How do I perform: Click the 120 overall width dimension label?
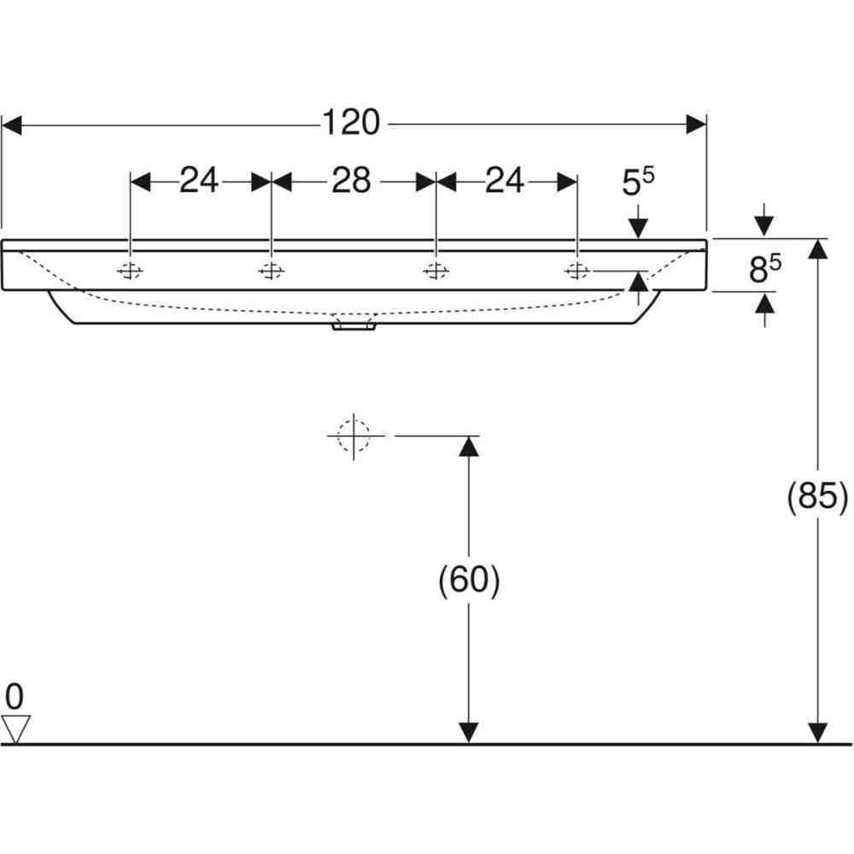pyautogui.click(x=351, y=122)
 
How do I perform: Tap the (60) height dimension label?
pyautogui.click(x=469, y=580)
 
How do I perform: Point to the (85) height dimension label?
pyautogui.click(x=817, y=496)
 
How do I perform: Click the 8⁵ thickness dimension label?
pyautogui.click(x=765, y=267)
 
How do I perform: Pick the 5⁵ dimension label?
pyautogui.click(x=638, y=181)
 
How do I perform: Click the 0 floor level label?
pyautogui.click(x=15, y=696)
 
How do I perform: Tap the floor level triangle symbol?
pyautogui.click(x=15, y=729)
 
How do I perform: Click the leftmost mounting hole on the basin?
pyautogui.click(x=130, y=271)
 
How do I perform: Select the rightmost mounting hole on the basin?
pyautogui.click(x=576, y=270)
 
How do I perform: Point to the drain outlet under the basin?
pyautogui.click(x=354, y=325)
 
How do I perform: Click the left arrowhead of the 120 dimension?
pyautogui.click(x=12, y=125)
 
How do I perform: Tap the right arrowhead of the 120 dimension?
pyautogui.click(x=696, y=124)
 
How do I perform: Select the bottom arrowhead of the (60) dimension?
pyautogui.click(x=468, y=733)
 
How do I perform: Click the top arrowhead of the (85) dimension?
pyautogui.click(x=817, y=249)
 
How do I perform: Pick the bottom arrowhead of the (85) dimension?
pyautogui.click(x=817, y=733)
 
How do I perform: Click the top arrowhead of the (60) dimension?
pyautogui.click(x=468, y=447)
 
